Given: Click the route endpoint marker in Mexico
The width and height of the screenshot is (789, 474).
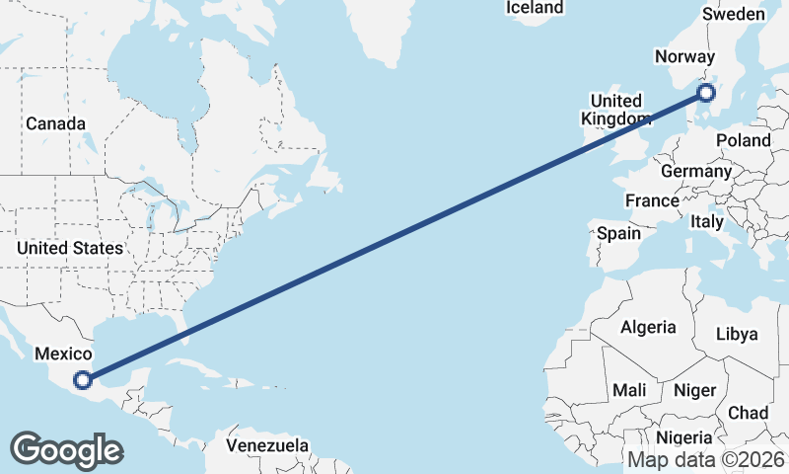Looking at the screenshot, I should click(85, 378).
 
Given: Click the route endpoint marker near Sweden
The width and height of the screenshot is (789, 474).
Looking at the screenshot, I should click(705, 94).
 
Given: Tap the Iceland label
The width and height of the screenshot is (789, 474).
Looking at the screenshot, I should click(535, 8).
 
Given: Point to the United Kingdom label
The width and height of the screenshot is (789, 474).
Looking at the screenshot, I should click(616, 110).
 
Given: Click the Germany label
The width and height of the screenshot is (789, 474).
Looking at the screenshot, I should click(696, 171).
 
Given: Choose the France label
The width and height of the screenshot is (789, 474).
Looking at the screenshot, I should click(652, 200).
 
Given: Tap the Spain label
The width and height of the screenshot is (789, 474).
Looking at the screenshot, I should click(618, 234).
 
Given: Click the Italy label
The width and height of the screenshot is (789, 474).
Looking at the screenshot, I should click(707, 221).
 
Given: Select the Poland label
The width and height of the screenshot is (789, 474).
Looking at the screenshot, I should click(744, 140).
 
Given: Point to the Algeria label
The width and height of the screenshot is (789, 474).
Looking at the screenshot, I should click(648, 327).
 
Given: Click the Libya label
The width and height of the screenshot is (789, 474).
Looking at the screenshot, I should click(737, 334).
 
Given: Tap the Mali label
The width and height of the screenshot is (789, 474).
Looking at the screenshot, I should click(629, 390).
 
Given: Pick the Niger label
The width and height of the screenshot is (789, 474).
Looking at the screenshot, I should click(694, 390).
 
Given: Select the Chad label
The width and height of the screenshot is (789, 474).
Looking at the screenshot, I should click(748, 412).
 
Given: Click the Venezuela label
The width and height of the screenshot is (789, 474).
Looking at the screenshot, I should click(267, 445).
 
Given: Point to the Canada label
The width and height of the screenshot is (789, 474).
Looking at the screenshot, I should click(55, 123).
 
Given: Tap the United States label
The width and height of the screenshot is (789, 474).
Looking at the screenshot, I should click(69, 248).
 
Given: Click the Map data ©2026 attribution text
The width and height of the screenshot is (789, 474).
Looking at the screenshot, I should click(706, 459).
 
